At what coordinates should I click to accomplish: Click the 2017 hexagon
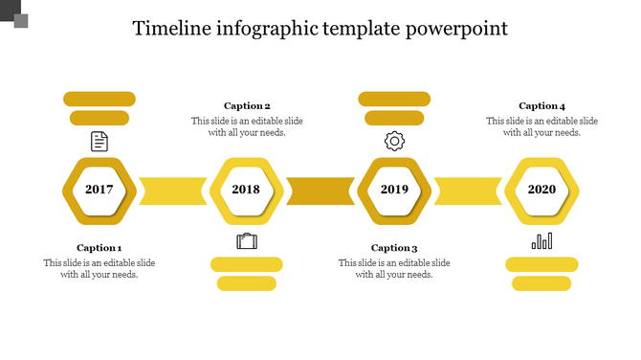(99, 190)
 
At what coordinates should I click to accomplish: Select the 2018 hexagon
(246, 190)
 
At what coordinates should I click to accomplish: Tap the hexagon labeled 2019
(394, 190)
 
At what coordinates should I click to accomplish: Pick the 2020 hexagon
(542, 190)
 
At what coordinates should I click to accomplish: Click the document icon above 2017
(99, 142)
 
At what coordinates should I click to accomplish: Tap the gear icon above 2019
(394, 142)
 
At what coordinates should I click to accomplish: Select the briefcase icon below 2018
(247, 240)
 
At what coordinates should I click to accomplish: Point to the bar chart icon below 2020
(542, 240)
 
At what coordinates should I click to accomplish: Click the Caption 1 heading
(99, 248)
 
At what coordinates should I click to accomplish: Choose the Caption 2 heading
(247, 106)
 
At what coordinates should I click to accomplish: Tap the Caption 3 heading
(394, 248)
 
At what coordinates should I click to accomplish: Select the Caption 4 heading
(542, 106)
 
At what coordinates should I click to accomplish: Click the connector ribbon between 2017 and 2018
(173, 191)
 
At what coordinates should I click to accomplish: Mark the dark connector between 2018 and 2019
(320, 191)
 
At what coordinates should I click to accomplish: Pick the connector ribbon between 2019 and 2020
(468, 191)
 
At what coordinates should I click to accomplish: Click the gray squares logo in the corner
(17, 15)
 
